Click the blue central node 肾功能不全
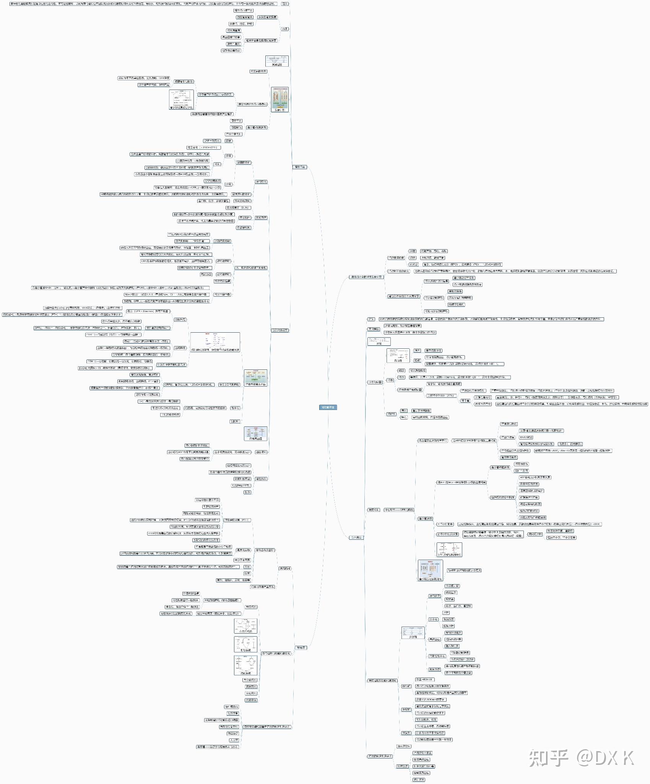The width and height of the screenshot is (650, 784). pyautogui.click(x=328, y=407)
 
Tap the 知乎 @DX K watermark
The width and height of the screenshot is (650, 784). pyautogui.click(x=581, y=758)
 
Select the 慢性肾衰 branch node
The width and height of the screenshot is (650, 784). pyautogui.click(x=300, y=167)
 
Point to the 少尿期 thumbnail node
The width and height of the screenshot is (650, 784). pyautogui.click(x=413, y=632)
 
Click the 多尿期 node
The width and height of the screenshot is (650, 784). pyautogui.click(x=406, y=709)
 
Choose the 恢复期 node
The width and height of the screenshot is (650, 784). pyautogui.click(x=406, y=733)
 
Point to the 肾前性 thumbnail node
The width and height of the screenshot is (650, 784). pyautogui.click(x=398, y=356)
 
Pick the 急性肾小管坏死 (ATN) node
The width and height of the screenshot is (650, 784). pyautogui.click(x=441, y=395)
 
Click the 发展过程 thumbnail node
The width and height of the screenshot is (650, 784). pyautogui.click(x=277, y=61)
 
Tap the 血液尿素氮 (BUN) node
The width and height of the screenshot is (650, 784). pyautogui.click(x=238, y=207)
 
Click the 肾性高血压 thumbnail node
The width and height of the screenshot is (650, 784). pyautogui.click(x=255, y=433)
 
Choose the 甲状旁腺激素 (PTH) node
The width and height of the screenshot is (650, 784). pyautogui.click(x=237, y=520)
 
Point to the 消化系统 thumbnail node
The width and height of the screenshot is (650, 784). pyautogui.click(x=245, y=665)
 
